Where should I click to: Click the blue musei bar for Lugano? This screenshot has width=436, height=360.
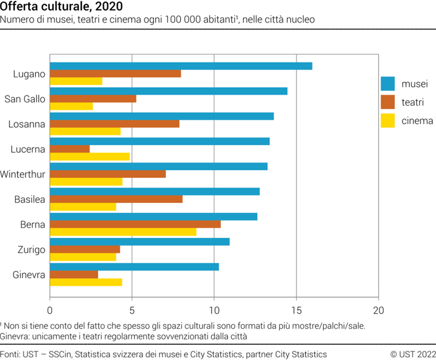(181, 66)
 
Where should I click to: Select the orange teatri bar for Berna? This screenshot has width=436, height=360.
(135, 224)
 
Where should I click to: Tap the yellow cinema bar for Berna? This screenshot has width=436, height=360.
(123, 232)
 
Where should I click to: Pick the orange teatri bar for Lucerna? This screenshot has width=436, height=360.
(69, 149)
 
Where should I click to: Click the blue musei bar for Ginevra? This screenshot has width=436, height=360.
(134, 267)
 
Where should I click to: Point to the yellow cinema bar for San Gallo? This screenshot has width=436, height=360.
(71, 106)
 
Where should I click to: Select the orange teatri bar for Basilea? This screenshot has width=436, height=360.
(116, 199)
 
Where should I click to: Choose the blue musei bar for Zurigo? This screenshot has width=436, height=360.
(139, 242)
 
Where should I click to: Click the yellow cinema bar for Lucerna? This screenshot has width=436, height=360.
(89, 157)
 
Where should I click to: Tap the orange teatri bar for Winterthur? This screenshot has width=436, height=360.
(107, 174)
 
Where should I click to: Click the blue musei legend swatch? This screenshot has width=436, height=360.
(387, 83)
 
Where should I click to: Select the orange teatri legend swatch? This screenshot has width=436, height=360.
(387, 102)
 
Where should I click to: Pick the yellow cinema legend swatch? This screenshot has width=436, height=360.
(387, 121)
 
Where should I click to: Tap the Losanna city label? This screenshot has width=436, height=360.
(26, 124)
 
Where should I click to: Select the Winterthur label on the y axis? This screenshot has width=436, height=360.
(22, 175)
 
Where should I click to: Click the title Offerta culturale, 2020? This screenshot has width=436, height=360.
(61, 7)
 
